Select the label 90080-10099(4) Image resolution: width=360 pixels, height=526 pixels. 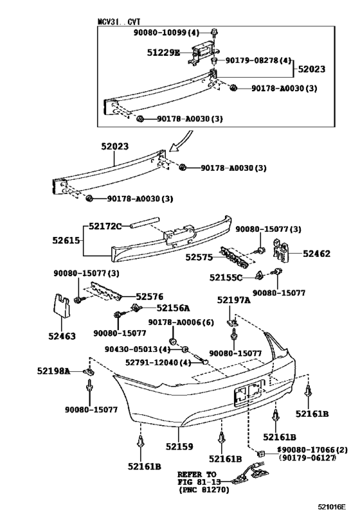coord(168,32)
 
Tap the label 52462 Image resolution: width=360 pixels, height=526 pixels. coord(316,254)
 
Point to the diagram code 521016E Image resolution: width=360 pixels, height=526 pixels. coord(334,507)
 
